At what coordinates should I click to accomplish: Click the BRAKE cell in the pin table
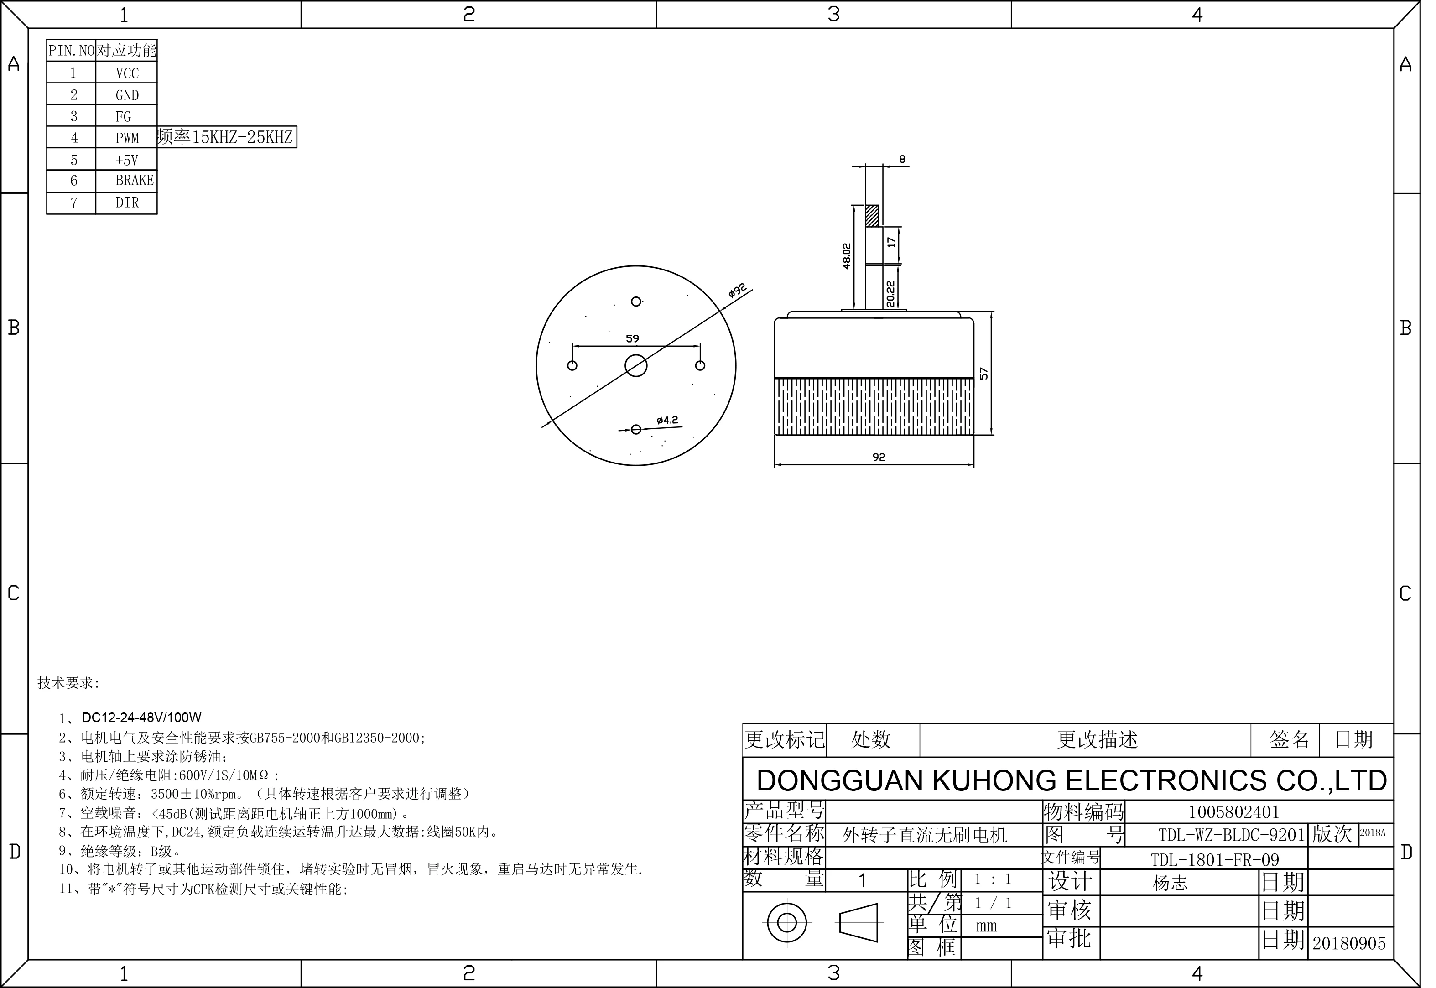point(134,180)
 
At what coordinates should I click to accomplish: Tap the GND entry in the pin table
point(128,95)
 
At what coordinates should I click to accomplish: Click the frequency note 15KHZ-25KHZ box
point(227,137)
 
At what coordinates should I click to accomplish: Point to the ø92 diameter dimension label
point(737,291)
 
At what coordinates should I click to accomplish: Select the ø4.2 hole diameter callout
point(667,421)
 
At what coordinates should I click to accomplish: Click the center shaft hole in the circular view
point(636,366)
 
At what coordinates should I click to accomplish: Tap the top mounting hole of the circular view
point(636,302)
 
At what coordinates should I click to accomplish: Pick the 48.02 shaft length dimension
point(847,255)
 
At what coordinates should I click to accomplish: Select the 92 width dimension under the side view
point(879,458)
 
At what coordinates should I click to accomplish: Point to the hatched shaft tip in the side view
point(872,215)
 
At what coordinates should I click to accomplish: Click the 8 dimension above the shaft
point(902,160)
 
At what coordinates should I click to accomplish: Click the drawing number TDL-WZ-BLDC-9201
point(1232,835)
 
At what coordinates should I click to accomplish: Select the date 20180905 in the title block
point(1349,943)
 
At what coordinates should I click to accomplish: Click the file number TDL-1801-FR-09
point(1215,860)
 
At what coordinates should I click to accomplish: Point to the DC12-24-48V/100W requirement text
point(142,718)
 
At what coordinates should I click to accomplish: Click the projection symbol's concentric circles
point(787,923)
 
